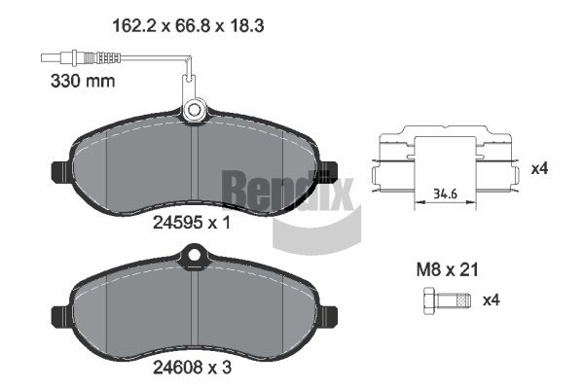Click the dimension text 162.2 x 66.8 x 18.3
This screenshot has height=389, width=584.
[188, 26]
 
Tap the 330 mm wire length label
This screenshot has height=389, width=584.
[83, 81]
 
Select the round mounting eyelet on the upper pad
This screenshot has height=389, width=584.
[194, 110]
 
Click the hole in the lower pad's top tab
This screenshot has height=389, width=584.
[194, 255]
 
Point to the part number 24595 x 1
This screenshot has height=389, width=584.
[192, 223]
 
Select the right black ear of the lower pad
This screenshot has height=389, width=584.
[328, 316]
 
